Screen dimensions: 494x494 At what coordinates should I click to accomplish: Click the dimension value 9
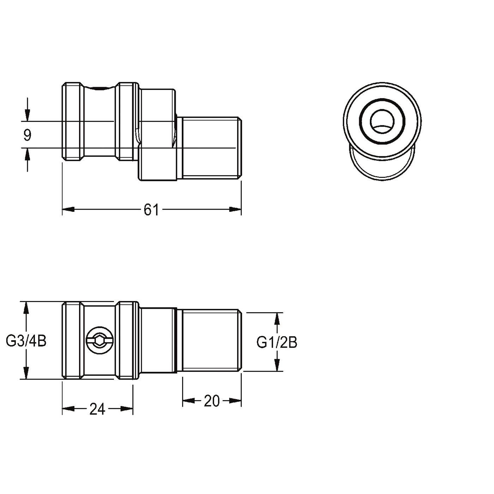click(x=27, y=135)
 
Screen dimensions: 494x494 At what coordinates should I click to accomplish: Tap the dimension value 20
click(x=212, y=401)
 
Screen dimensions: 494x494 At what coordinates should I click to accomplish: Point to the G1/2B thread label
click(x=277, y=342)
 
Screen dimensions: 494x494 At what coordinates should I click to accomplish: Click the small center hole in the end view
click(x=382, y=122)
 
